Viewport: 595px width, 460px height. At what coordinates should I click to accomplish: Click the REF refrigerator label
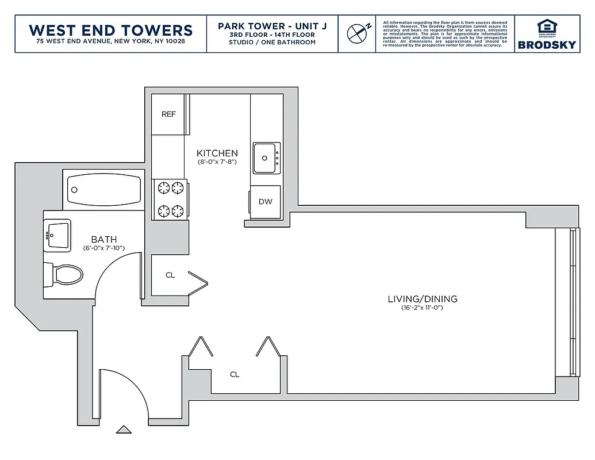click(168, 114)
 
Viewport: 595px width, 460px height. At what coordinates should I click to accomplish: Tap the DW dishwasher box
click(265, 202)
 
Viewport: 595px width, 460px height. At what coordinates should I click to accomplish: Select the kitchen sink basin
click(265, 156)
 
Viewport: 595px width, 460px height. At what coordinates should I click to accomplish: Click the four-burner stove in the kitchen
click(171, 198)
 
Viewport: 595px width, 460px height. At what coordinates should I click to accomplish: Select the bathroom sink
click(57, 235)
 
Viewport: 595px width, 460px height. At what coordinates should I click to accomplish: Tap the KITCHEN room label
click(217, 153)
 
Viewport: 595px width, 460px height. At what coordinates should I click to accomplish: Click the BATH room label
click(104, 239)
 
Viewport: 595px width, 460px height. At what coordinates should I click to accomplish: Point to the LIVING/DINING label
click(422, 298)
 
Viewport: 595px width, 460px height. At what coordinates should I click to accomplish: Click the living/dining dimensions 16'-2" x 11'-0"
click(422, 308)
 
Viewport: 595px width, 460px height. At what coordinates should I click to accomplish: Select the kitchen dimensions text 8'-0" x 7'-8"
click(217, 162)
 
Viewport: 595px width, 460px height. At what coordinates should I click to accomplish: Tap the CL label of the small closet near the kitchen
click(170, 275)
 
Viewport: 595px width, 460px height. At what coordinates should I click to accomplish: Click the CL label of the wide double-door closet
click(235, 374)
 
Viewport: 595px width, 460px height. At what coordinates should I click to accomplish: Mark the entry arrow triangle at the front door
click(123, 429)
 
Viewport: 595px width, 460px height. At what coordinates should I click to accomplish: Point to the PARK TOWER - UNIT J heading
click(272, 26)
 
